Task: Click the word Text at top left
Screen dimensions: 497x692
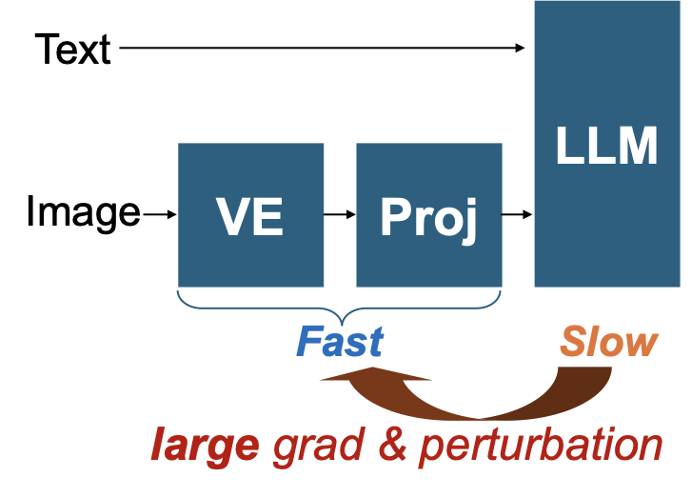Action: click(x=73, y=49)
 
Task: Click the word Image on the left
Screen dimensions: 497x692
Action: click(x=83, y=212)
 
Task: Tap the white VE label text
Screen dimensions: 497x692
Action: click(x=251, y=218)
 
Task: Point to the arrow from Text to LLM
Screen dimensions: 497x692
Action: click(x=324, y=48)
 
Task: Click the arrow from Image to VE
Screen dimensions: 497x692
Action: click(x=159, y=214)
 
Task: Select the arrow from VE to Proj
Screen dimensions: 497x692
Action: click(x=340, y=214)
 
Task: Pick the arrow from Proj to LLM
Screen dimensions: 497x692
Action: click(x=517, y=214)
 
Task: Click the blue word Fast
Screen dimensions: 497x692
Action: click(x=340, y=342)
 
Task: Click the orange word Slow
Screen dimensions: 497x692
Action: click(x=608, y=342)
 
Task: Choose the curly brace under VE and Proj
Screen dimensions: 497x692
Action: click(x=340, y=307)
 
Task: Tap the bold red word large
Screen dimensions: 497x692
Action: click(x=205, y=445)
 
